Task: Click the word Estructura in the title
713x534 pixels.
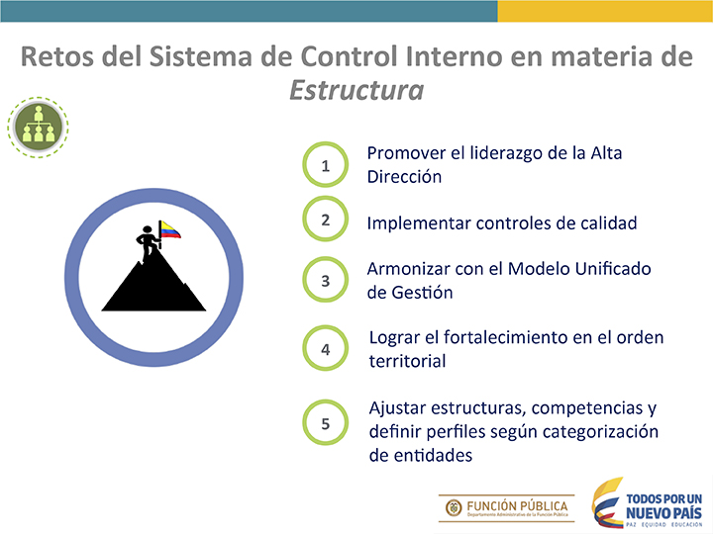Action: [x=356, y=90]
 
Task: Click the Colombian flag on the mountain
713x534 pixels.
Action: [x=170, y=229]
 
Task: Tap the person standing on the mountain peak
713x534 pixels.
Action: [x=148, y=243]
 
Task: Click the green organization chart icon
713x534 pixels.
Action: [x=38, y=128]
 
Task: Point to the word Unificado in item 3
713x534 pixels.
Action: [x=613, y=268]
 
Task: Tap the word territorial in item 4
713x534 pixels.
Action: [x=407, y=361]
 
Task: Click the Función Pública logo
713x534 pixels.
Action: [x=507, y=508]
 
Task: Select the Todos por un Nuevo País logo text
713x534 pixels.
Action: [x=663, y=506]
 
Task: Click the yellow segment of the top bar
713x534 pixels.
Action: [x=605, y=11]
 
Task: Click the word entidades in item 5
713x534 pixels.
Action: [x=433, y=455]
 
